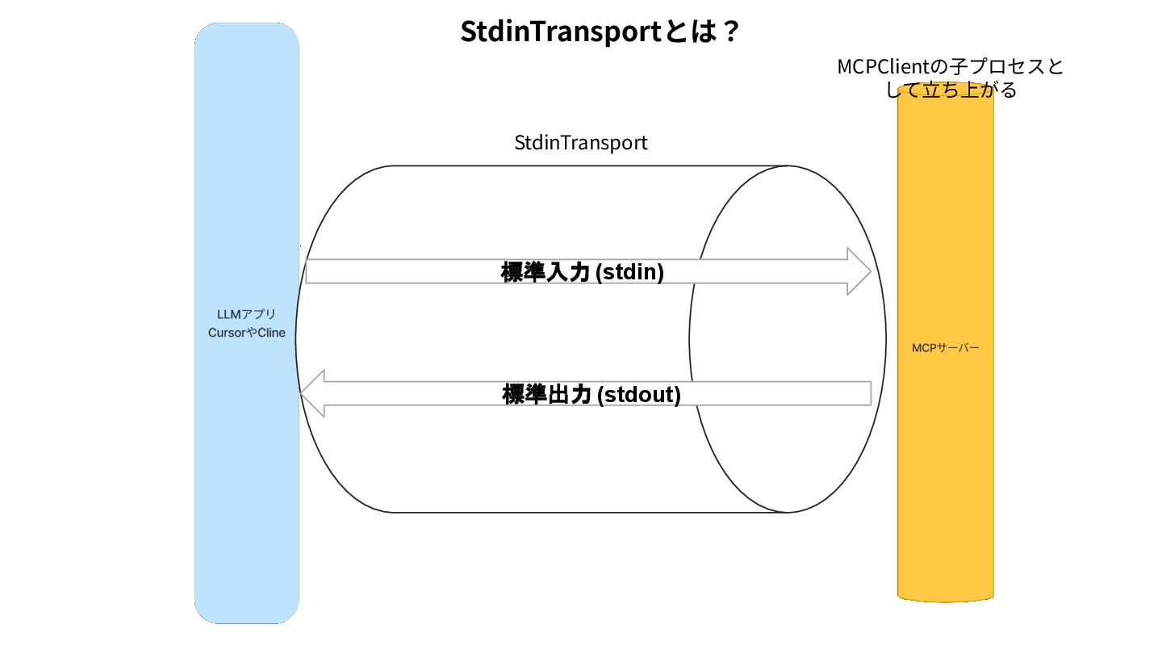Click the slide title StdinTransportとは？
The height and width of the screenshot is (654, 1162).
(x=600, y=33)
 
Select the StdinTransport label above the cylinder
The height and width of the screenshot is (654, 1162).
(x=581, y=143)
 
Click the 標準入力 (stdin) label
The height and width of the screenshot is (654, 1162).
(x=582, y=272)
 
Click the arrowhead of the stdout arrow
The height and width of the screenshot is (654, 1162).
(x=311, y=393)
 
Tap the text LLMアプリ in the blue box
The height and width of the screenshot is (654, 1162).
(x=247, y=315)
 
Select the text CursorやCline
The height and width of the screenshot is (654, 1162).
(x=247, y=333)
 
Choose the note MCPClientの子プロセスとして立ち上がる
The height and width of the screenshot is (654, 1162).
(x=951, y=78)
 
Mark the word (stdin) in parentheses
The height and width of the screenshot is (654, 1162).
(x=629, y=272)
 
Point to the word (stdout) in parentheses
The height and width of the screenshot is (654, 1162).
(x=638, y=395)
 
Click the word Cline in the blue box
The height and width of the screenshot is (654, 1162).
(x=271, y=333)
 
